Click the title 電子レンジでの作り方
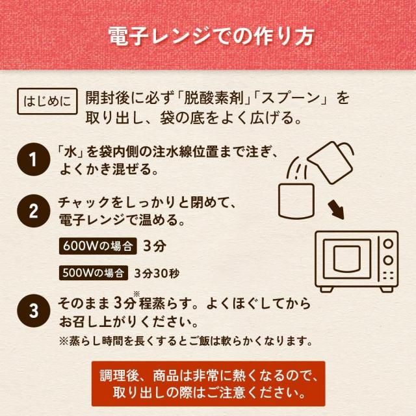pyautogui.click(x=211, y=36)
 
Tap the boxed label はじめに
pyautogui.click(x=47, y=101)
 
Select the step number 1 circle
pyautogui.click(x=33, y=159)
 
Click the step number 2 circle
pyautogui.click(x=33, y=211)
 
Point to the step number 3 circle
pyautogui.click(x=33, y=311)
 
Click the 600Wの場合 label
pyautogui.click(x=97, y=246)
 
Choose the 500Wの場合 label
pyautogui.click(x=94, y=273)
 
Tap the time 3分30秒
pyautogui.click(x=157, y=273)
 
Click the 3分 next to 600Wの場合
pyautogui.click(x=155, y=246)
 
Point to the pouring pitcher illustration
pyautogui.click(x=331, y=162)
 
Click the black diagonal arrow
pyautogui.click(x=336, y=209)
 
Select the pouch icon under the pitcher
pyautogui.click(x=296, y=201)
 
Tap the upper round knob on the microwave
pyautogui.click(x=388, y=244)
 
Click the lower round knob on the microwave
pyautogui.click(x=388, y=260)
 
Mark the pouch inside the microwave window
pyautogui.click(x=346, y=259)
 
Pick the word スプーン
pyautogui.click(x=291, y=98)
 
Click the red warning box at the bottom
pyautogui.click(x=208, y=383)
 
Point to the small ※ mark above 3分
pyautogui.click(x=136, y=294)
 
